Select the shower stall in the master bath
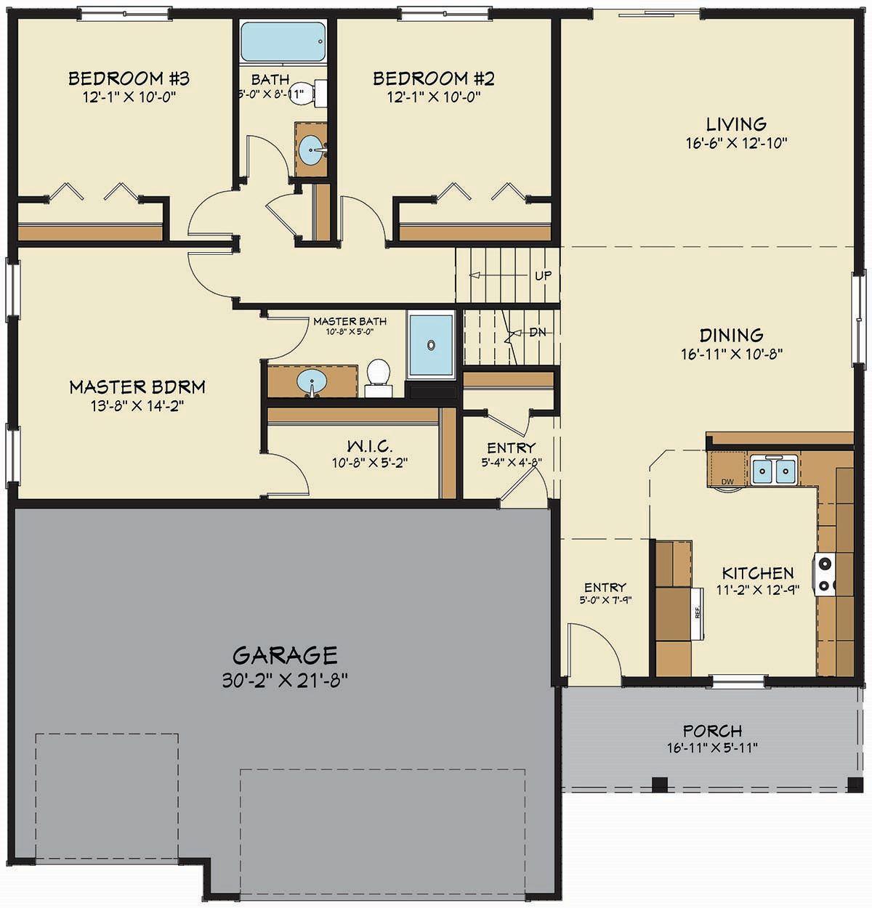click(x=431, y=344)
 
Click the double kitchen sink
click(x=773, y=470)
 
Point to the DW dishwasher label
click(x=726, y=482)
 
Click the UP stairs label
click(x=543, y=276)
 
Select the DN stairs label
click(x=538, y=332)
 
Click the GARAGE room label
click(x=285, y=655)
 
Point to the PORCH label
click(x=712, y=731)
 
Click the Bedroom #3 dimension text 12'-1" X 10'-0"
click(x=129, y=96)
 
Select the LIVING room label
click(x=736, y=124)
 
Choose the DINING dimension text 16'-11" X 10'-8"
click(x=731, y=354)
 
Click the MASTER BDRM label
click(x=137, y=386)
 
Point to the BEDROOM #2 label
click(x=434, y=78)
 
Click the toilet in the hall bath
click(x=307, y=93)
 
